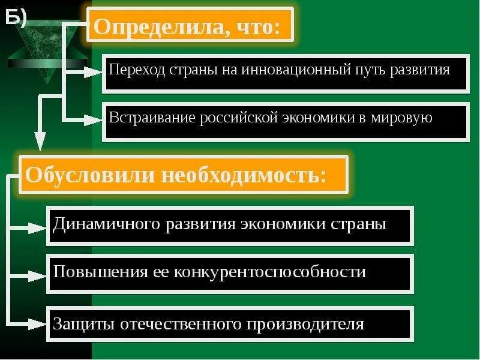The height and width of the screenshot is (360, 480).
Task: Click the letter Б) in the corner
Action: coord(17,19)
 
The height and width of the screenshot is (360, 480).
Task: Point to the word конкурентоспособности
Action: coord(270,272)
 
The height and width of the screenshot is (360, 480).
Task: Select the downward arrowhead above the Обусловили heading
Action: coord(40,142)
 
